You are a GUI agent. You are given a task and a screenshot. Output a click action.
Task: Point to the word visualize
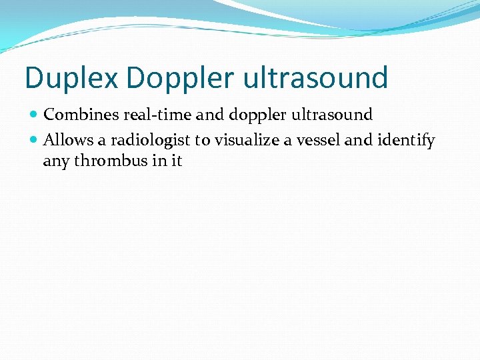[x=247, y=141]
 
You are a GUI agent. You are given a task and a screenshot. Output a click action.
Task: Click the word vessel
[x=317, y=141]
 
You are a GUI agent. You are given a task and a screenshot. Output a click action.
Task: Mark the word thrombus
[x=109, y=161]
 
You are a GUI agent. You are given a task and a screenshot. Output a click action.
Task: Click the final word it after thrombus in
[x=176, y=161]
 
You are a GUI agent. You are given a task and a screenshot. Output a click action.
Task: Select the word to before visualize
[x=201, y=141]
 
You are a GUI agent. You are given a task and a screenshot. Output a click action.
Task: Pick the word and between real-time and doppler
[x=211, y=115]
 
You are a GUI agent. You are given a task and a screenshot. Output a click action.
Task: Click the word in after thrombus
[x=158, y=161]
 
